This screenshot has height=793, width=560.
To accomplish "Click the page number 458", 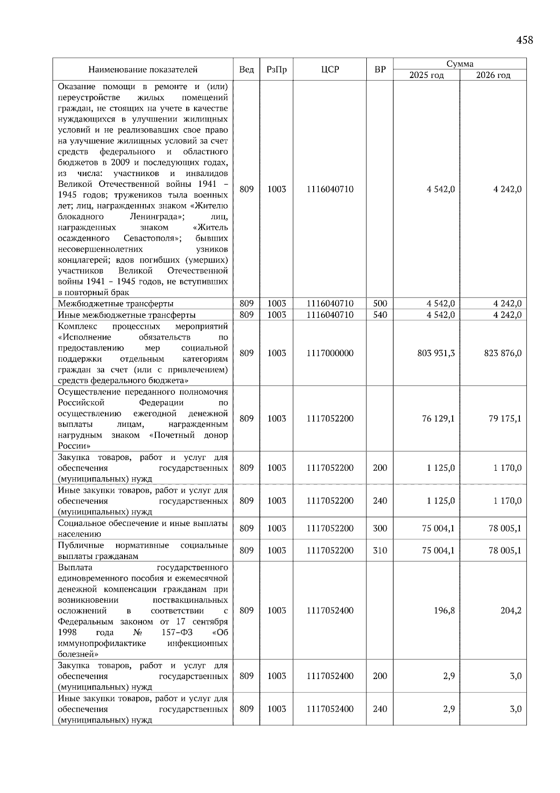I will coord(524,40).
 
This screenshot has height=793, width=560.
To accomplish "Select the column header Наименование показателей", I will coord(143,70).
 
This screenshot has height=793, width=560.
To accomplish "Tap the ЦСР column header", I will coord(329,70).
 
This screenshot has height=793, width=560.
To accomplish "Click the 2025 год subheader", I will coord(426,75).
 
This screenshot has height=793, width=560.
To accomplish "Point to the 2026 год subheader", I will coord(493,75).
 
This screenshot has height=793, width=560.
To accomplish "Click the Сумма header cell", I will coord(460,64).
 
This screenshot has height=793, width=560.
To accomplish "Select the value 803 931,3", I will coord(436,353).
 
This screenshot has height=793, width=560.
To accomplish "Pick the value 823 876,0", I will coord(503,353).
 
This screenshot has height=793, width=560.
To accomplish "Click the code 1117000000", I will coord(329,353).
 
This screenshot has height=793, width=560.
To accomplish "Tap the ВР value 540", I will coord(380,315).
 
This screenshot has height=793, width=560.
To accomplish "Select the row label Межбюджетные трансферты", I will coord(116,304).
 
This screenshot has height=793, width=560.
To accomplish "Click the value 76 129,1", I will coord(438,418).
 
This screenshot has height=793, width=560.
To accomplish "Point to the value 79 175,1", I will coord(505,418).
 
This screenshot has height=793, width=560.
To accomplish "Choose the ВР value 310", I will coord(380,551).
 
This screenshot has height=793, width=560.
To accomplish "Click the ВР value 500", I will coord(380,304).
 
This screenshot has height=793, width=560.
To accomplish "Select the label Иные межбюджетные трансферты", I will coord(126,315).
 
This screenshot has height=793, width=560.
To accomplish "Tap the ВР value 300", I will coord(380,529).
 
